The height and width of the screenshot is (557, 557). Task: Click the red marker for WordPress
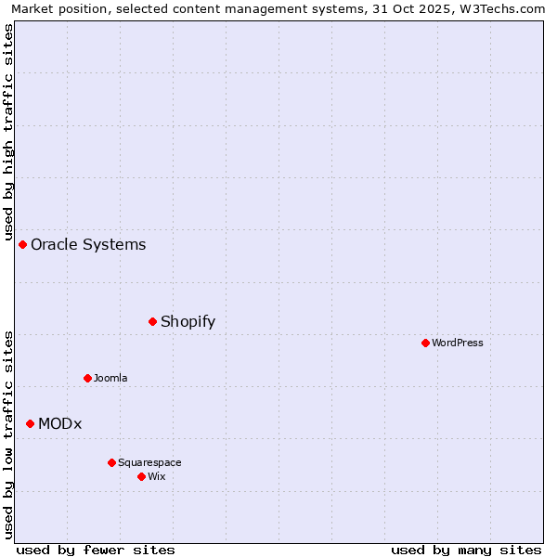pyautogui.click(x=425, y=343)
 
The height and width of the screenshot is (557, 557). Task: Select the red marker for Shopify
pyautogui.click(x=152, y=321)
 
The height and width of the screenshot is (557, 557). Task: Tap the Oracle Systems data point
pyautogui.click(x=22, y=244)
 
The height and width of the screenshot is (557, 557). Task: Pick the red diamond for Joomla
pyautogui.click(x=87, y=378)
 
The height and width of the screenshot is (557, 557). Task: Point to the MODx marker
pyautogui.click(x=30, y=423)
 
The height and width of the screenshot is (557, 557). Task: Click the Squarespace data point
pyautogui.click(x=111, y=462)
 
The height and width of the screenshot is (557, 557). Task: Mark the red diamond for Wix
pyautogui.click(x=141, y=476)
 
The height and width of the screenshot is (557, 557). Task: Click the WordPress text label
pyautogui.click(x=458, y=343)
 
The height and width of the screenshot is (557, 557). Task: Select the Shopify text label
pyautogui.click(x=188, y=321)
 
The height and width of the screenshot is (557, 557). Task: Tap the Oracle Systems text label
pyautogui.click(x=88, y=244)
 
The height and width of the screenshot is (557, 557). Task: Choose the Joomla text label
pyautogui.click(x=110, y=378)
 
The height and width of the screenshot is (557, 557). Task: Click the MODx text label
pyautogui.click(x=60, y=423)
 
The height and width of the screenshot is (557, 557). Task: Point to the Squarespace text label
pyautogui.click(x=149, y=462)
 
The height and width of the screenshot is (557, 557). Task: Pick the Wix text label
pyautogui.click(x=157, y=476)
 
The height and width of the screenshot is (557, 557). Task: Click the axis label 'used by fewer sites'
pyautogui.click(x=96, y=550)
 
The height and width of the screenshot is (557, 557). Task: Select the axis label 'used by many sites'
pyautogui.click(x=466, y=550)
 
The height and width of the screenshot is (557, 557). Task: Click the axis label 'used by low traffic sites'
pyautogui.click(x=8, y=434)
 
